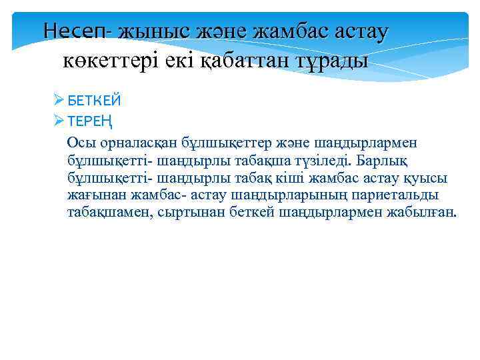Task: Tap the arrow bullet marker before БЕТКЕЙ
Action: pos(59,101)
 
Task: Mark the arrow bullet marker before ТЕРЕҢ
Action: pos(59,120)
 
